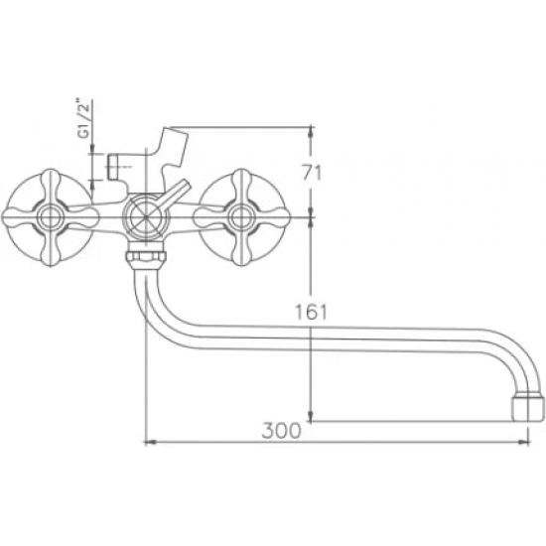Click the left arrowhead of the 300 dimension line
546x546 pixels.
tap(149, 441)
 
